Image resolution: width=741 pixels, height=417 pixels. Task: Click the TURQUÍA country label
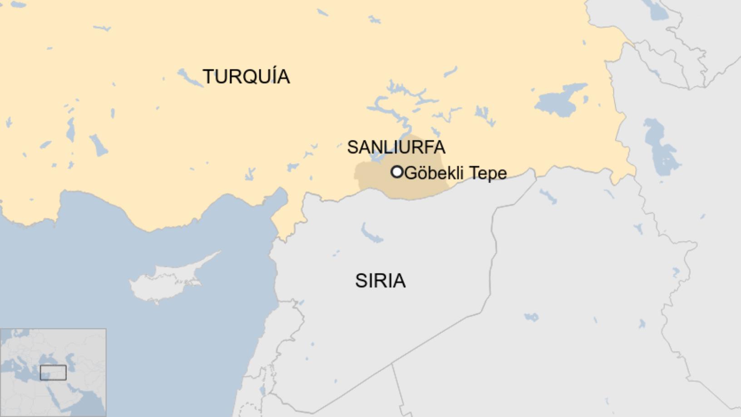246,76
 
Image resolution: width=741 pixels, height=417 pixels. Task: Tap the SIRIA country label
380,281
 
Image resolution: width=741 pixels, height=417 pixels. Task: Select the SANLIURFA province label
396,147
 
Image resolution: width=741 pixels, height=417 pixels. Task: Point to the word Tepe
488,173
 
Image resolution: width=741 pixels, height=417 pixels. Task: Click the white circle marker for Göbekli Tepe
397,172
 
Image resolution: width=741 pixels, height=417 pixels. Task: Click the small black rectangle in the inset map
53,372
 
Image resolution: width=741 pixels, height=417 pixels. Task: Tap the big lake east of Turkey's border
661,145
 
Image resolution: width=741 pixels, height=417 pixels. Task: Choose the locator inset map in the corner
53,372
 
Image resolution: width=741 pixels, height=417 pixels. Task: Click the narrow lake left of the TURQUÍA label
190,78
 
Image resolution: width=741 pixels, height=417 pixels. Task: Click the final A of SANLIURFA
439,147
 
